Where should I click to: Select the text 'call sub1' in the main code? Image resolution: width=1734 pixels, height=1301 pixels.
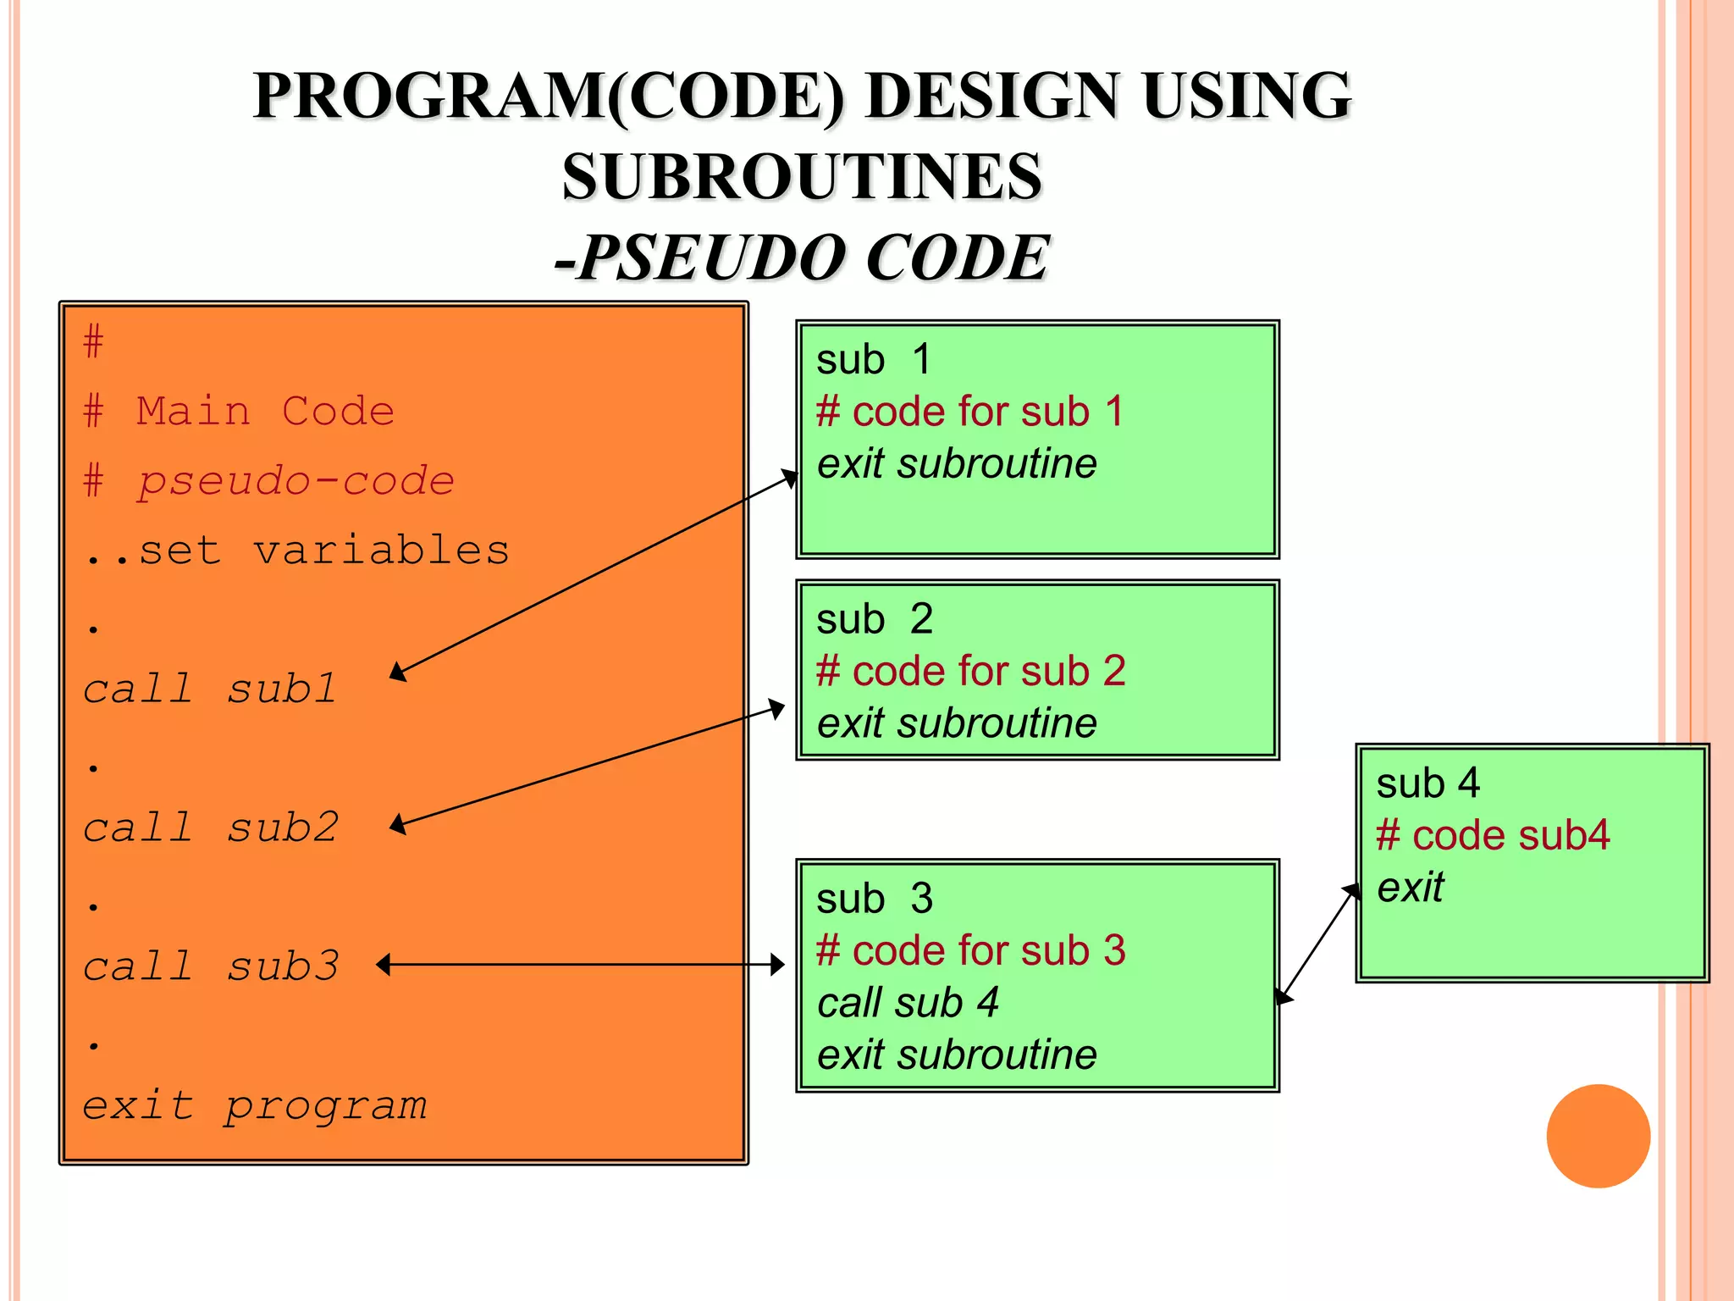coord(210,689)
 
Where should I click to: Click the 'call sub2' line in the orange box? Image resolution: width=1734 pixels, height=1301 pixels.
coord(210,828)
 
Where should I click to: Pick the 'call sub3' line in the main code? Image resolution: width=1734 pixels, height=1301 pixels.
coord(210,966)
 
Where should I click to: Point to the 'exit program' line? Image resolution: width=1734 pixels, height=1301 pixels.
coord(254,1105)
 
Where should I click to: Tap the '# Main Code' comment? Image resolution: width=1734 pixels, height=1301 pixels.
coord(239,412)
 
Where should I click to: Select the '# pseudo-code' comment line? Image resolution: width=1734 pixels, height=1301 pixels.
coord(269,481)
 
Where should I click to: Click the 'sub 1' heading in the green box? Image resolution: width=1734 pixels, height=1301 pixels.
coord(873,359)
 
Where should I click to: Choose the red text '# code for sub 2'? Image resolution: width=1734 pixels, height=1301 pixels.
coord(970,671)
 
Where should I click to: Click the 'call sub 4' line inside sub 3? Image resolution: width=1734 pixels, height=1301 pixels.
coord(907,1003)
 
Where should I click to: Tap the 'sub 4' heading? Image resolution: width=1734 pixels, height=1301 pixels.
coord(1428,783)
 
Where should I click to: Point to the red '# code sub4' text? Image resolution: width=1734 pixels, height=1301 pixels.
coord(1492,835)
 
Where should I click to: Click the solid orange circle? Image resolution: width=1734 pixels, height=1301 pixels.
coord(1598,1136)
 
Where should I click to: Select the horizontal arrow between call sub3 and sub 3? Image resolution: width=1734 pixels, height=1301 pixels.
coord(581,964)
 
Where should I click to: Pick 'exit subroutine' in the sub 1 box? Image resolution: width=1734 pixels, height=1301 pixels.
coord(956,464)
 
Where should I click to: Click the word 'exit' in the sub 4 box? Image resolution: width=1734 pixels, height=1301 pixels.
coord(1410,888)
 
